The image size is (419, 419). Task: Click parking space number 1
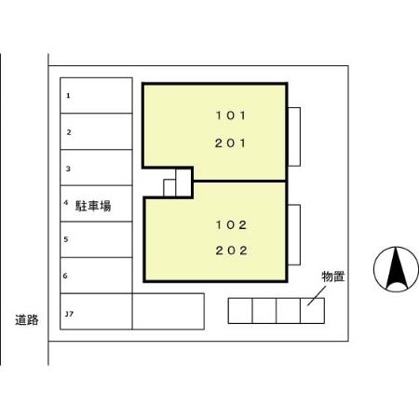(97, 95)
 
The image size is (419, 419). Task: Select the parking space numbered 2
(97, 131)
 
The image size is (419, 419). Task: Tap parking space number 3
(97, 168)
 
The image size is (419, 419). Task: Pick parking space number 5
(97, 239)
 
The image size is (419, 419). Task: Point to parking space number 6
(97, 276)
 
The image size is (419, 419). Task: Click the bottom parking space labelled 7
(97, 312)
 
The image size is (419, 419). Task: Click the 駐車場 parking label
(93, 204)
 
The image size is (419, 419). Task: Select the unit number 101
(228, 116)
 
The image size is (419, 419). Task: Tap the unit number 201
(228, 142)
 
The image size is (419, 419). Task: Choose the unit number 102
(228, 224)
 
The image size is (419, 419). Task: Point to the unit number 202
(228, 250)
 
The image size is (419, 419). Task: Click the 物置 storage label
(333, 277)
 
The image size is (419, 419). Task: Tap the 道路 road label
(27, 319)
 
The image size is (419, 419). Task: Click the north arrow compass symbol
(396, 270)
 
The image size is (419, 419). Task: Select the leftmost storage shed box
(240, 311)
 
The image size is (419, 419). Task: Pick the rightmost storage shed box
(312, 311)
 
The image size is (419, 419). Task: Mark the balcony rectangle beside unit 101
(294, 137)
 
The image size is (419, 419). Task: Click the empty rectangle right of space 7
(168, 312)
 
